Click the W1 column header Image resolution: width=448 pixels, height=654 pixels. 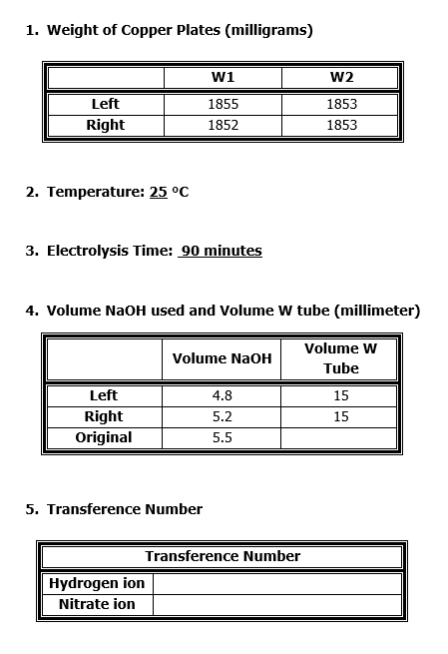coord(223,77)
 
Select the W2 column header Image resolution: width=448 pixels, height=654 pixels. coord(341,77)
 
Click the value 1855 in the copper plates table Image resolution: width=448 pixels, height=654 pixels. coord(223,104)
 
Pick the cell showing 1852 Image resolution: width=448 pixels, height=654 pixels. coord(223,125)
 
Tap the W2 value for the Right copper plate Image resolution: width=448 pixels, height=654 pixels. coord(341,125)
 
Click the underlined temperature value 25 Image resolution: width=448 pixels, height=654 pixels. coord(158,192)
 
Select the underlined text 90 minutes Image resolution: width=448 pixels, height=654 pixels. coord(221,251)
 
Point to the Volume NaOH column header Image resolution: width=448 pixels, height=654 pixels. coord(222,358)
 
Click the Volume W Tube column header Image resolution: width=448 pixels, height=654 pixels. coord(340,358)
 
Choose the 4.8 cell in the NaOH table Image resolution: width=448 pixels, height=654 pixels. coord(222,395)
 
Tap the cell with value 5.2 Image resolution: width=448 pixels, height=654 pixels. coord(222,416)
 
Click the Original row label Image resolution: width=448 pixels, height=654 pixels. coord(104,437)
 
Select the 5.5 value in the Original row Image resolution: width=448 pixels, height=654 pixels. coord(222,437)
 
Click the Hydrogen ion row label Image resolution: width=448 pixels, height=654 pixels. coord(97,583)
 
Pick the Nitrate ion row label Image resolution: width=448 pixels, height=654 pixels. coord(97,604)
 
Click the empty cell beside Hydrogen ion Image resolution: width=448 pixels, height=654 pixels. coord(277,583)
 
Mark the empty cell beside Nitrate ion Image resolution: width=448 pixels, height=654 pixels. coord(277,604)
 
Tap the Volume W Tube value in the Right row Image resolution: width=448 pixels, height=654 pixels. coord(340,416)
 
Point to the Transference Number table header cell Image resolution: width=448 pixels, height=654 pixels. coord(223,556)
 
